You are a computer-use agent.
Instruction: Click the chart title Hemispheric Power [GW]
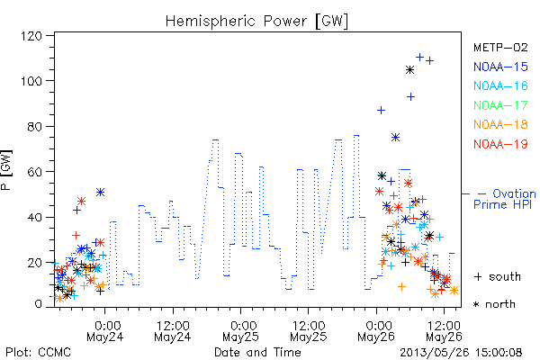256,22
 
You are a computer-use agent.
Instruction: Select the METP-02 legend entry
500,47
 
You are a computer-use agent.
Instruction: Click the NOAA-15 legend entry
500,67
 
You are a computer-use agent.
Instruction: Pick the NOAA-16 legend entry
500,85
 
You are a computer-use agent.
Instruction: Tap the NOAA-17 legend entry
500,105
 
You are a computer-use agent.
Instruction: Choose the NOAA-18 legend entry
500,124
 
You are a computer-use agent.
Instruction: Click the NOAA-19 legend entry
500,144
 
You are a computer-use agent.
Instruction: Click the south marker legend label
498,276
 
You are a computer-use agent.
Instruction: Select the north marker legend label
494,304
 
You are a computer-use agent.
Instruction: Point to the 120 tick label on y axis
31,36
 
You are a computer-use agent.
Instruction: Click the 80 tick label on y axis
34,126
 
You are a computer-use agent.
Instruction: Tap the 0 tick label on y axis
38,304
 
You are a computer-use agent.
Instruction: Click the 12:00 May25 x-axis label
308,330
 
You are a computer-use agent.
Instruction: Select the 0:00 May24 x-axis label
105,330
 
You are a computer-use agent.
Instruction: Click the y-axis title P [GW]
6,170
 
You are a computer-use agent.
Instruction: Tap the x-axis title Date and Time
257,352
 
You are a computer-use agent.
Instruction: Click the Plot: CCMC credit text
38,352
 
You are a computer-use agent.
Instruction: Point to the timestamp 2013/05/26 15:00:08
461,353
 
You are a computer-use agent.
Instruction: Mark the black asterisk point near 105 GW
409,70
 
